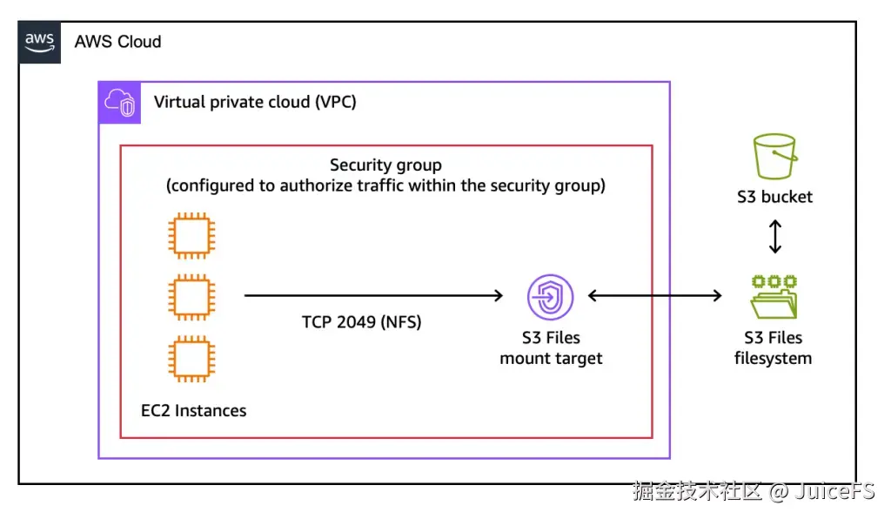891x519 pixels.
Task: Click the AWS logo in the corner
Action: pyautogui.click(x=40, y=42)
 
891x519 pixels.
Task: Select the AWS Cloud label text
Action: pyautogui.click(x=117, y=42)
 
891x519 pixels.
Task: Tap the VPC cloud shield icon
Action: pyautogui.click(x=120, y=103)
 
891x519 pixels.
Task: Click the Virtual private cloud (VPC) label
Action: pyautogui.click(x=255, y=102)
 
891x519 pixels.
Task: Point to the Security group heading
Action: pyautogui.click(x=385, y=165)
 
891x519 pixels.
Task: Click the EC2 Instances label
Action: pyautogui.click(x=193, y=410)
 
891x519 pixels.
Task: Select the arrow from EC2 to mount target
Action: pyautogui.click(x=373, y=296)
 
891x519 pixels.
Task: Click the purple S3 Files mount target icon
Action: pyautogui.click(x=550, y=297)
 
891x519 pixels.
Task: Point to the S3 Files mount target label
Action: pyautogui.click(x=551, y=347)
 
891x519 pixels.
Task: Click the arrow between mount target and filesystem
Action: pyautogui.click(x=654, y=296)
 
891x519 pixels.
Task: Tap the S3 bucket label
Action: pyautogui.click(x=774, y=197)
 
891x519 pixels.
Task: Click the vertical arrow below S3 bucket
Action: pyautogui.click(x=774, y=236)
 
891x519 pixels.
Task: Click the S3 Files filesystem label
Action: pyautogui.click(x=773, y=347)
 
